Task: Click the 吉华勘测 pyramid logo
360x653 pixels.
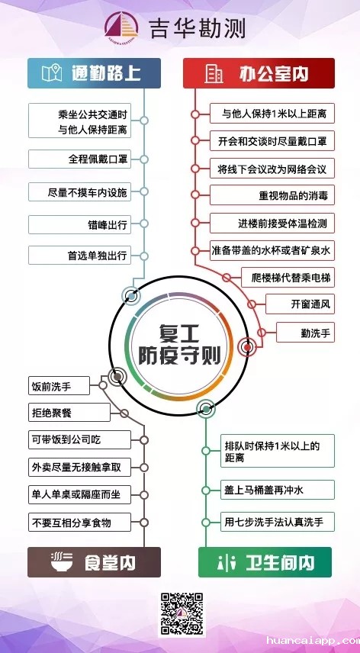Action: click(121, 25)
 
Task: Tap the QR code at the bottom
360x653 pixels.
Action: click(182, 614)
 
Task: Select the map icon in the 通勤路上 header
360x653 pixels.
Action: click(52, 73)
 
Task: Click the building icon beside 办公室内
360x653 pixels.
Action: click(214, 74)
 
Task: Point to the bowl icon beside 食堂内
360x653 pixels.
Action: click(62, 561)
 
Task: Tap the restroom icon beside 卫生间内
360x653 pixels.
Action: click(226, 562)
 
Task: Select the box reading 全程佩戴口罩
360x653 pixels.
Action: click(79, 159)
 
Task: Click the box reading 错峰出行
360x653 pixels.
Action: click(79, 224)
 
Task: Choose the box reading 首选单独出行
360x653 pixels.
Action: click(79, 255)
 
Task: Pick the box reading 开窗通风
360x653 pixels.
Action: click(300, 304)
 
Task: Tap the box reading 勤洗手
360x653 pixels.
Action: click(306, 333)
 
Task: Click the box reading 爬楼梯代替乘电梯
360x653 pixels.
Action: click(288, 277)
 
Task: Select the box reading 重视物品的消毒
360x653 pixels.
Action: click(272, 195)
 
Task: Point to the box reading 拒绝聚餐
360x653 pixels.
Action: click(69, 412)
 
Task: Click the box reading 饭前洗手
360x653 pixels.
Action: click(59, 386)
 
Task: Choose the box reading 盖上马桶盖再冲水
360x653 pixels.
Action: click(278, 490)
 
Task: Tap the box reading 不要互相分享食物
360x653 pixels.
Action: click(79, 523)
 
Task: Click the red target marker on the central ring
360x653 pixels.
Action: click(248, 347)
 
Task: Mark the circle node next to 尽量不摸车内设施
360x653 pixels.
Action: click(144, 191)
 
